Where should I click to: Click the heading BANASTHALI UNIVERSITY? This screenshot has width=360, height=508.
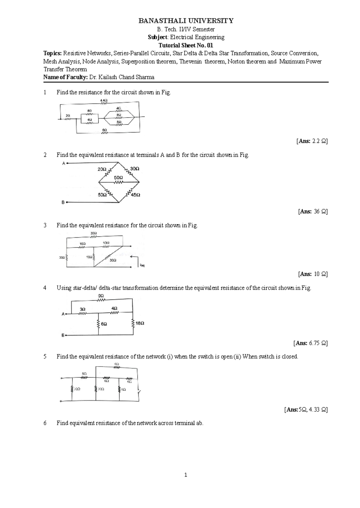[x=186, y=21]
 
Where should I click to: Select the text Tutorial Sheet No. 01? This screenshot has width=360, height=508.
[x=186, y=45]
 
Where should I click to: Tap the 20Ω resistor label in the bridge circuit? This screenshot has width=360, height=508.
[x=102, y=169]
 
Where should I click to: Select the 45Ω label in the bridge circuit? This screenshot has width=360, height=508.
[x=136, y=195]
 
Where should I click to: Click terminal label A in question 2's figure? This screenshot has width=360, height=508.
[x=63, y=163]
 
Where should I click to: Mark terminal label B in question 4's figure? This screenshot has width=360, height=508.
[x=63, y=335]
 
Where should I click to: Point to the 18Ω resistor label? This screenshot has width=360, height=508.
[x=140, y=323]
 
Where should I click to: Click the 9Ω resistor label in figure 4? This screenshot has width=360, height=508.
[x=101, y=296]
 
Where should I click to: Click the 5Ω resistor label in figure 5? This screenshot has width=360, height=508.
[x=84, y=374]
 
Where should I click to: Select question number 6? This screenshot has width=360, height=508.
[x=45, y=423]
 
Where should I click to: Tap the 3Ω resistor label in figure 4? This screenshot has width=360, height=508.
[x=82, y=309]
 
